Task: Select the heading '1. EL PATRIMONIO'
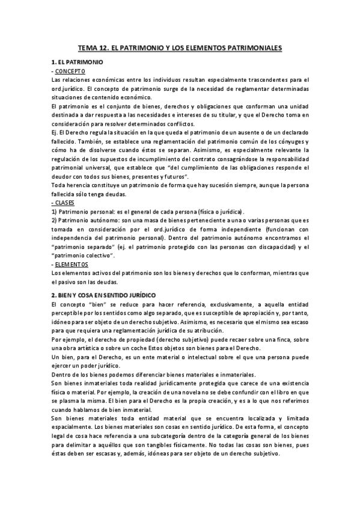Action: click(x=78, y=62)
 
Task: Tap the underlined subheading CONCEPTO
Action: click(x=71, y=71)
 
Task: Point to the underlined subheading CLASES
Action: click(x=66, y=203)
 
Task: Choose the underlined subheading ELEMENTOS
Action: click(x=72, y=264)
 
